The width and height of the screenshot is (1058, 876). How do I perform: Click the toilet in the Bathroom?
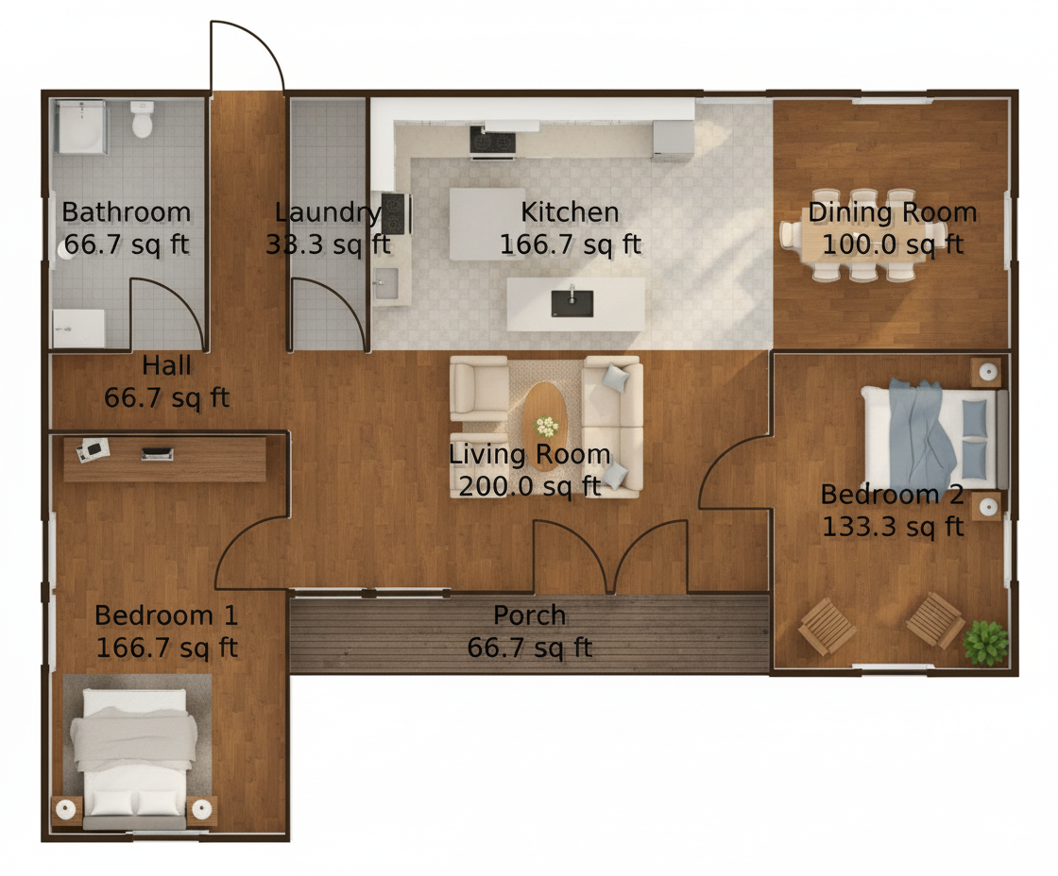coord(142,119)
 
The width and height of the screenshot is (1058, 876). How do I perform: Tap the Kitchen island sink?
coord(572,303)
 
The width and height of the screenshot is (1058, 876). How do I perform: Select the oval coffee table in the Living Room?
coord(545,426)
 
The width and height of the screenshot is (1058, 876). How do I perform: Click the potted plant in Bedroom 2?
coord(986,643)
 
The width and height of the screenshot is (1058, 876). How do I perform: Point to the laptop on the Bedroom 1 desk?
coord(157,454)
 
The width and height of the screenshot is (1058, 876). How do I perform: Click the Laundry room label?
coord(328,212)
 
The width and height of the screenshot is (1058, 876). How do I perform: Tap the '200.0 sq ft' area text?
coord(530,486)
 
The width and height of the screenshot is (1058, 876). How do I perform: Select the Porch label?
coord(530,615)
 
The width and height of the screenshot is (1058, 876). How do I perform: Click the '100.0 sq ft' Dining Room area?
coord(893,244)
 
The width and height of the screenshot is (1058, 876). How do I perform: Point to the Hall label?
coord(166,365)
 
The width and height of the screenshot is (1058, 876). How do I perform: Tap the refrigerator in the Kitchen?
coord(673,141)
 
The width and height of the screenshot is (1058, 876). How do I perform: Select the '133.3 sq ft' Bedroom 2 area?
coord(892,527)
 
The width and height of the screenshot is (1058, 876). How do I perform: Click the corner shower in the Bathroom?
coord(81,126)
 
